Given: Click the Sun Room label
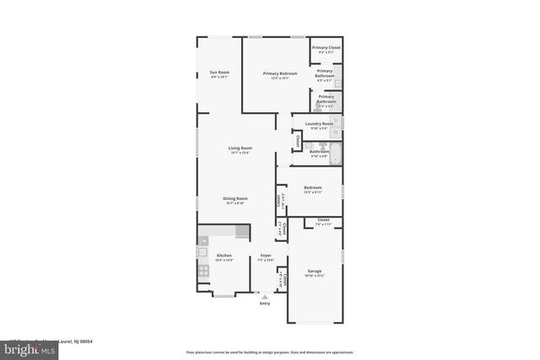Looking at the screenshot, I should pos(219,73).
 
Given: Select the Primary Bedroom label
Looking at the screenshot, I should pos(280,73).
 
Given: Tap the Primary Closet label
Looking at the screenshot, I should pos(326,48).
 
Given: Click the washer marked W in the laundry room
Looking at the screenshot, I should pos(336,132).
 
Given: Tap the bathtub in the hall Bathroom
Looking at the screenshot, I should pos(335,154).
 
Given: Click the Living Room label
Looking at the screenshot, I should pos(240,148).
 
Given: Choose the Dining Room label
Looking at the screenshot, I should pos(235,198).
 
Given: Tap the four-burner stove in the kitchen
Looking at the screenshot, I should pos(203,271).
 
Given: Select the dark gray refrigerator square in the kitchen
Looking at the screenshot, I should pos(242,231).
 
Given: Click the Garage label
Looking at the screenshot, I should pos(315,272).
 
